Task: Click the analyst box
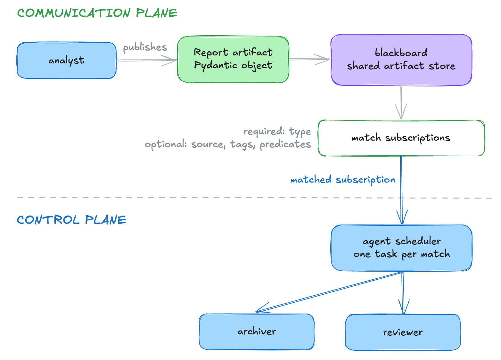(x=67, y=60)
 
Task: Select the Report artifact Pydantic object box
(x=233, y=59)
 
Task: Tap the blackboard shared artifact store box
(x=401, y=60)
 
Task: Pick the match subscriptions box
(x=401, y=138)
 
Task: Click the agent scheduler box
(x=402, y=248)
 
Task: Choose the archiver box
(x=257, y=331)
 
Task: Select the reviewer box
(x=403, y=332)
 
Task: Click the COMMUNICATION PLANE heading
(x=97, y=13)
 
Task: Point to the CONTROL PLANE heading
(x=71, y=220)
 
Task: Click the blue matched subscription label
(x=343, y=180)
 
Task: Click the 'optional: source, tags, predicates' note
(x=228, y=144)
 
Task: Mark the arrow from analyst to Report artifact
(x=147, y=60)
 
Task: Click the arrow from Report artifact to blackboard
(x=310, y=59)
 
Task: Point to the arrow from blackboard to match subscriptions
(x=401, y=103)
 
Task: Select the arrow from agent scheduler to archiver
(x=329, y=292)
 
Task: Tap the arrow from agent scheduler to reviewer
(x=403, y=293)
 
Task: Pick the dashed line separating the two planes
(x=254, y=198)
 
